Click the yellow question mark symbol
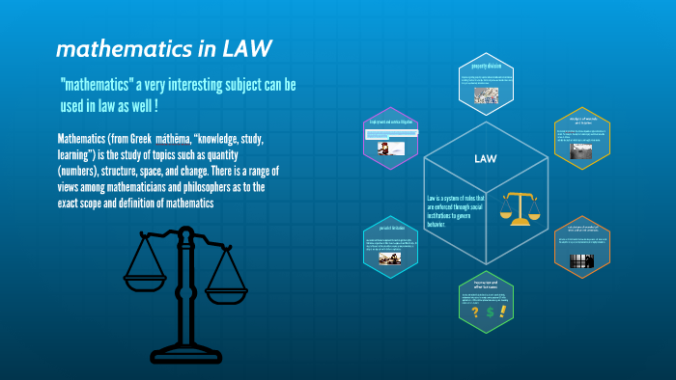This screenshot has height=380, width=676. [473, 312]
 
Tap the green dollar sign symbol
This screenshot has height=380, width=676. [491, 312]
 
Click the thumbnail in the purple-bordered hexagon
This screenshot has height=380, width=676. [383, 149]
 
